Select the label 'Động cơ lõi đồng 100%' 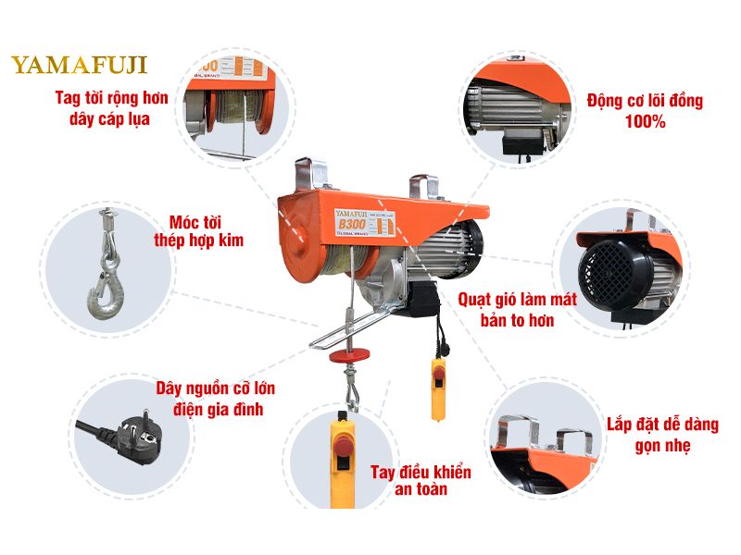[x=645, y=110]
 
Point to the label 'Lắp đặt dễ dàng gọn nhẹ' [x=663, y=434]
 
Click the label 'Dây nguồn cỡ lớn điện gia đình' [x=214, y=398]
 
